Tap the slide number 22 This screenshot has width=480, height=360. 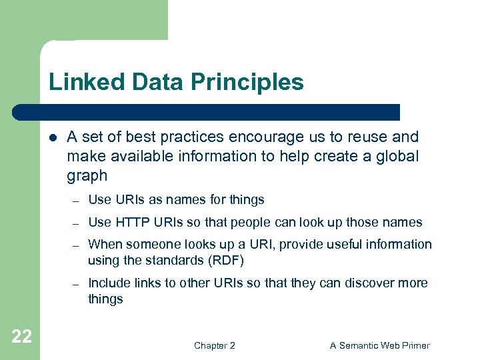pyautogui.click(x=21, y=337)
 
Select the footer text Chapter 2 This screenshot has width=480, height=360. pyautogui.click(x=214, y=345)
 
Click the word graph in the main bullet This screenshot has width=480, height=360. pyautogui.click(x=87, y=176)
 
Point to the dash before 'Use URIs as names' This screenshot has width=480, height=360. pyautogui.click(x=77, y=201)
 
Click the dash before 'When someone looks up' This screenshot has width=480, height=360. pyautogui.click(x=77, y=245)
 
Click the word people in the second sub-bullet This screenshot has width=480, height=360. pyautogui.click(x=253, y=222)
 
